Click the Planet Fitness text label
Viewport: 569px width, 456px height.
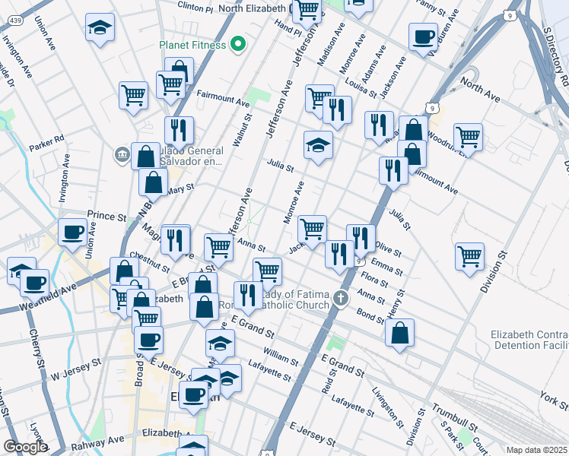(192, 44)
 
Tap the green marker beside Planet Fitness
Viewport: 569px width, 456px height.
(238, 44)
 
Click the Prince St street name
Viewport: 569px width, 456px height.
(106, 217)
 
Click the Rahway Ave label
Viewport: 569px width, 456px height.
(97, 441)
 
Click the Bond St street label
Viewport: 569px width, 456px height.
(370, 316)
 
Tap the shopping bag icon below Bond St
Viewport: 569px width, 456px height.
(399, 331)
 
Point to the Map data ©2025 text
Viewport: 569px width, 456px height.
(537, 450)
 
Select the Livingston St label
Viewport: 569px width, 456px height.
(388, 404)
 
